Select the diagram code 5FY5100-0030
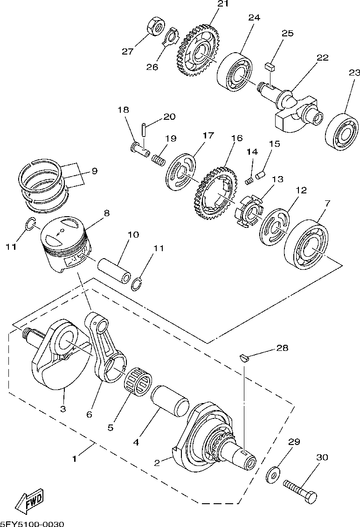pos(32,524)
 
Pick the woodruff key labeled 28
pos(245,358)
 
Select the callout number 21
pos(223,4)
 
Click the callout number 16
pos(237,138)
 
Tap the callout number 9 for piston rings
pos(95,171)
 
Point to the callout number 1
pos(75,459)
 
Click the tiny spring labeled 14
pos(249,181)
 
